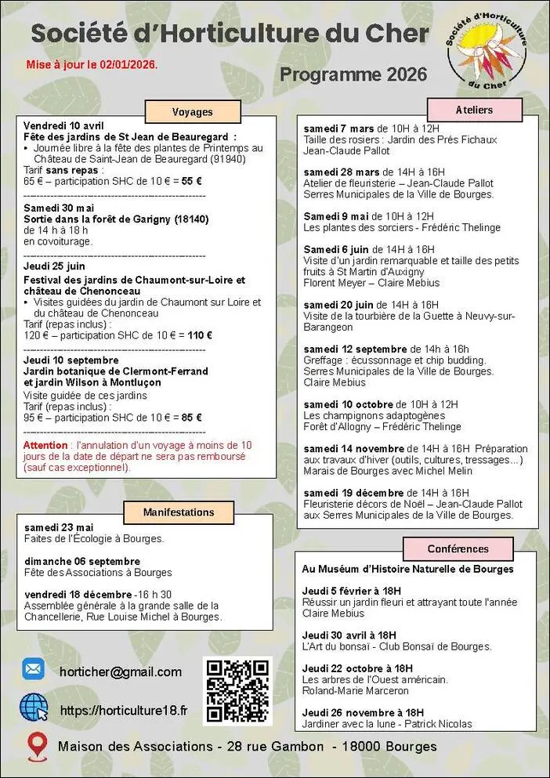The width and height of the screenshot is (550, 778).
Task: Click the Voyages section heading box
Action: pyautogui.click(x=192, y=112)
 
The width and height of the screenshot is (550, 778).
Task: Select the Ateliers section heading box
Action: pyautogui.click(x=474, y=110)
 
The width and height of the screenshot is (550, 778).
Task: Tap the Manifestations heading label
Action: pyautogui.click(x=179, y=512)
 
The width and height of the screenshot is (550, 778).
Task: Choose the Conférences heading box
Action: pyautogui.click(x=458, y=549)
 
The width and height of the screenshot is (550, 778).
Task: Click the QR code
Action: pyautogui.click(x=237, y=690)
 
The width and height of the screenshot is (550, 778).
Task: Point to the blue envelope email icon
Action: pyautogui.click(x=33, y=670)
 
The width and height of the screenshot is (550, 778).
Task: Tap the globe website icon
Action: pyautogui.click(x=34, y=707)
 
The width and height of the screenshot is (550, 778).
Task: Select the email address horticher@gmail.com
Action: pyautogui.click(x=120, y=671)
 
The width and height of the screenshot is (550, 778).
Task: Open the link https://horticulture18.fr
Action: pyautogui.click(x=124, y=710)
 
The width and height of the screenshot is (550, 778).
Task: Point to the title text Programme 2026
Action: pyautogui.click(x=353, y=74)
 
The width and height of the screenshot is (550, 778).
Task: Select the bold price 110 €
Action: pyautogui.click(x=200, y=335)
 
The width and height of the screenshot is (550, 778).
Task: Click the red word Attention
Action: pyautogui.click(x=46, y=445)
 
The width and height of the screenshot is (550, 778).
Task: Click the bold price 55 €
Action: pyautogui.click(x=192, y=181)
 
